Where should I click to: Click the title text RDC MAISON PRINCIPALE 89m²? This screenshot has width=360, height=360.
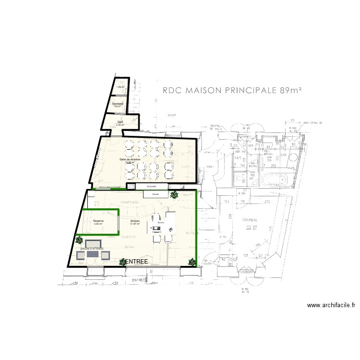pyautogui.click(x=231, y=90)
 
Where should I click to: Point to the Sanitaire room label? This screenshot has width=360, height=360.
pyautogui.click(x=117, y=104)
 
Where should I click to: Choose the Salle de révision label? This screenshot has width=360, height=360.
pyautogui.click(x=130, y=160)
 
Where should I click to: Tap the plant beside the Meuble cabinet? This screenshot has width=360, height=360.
pyautogui.click(x=174, y=195)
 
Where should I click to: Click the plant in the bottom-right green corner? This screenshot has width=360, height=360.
pyautogui.click(x=192, y=262)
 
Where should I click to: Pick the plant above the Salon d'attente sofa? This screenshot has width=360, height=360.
pyautogui.click(x=79, y=239)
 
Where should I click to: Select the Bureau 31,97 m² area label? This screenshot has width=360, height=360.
pyautogui.click(x=134, y=222)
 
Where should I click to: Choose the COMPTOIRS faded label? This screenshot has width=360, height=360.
pyautogui.click(x=130, y=203)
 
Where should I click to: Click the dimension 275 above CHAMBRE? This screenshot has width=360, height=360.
pyautogui.click(x=268, y=201)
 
